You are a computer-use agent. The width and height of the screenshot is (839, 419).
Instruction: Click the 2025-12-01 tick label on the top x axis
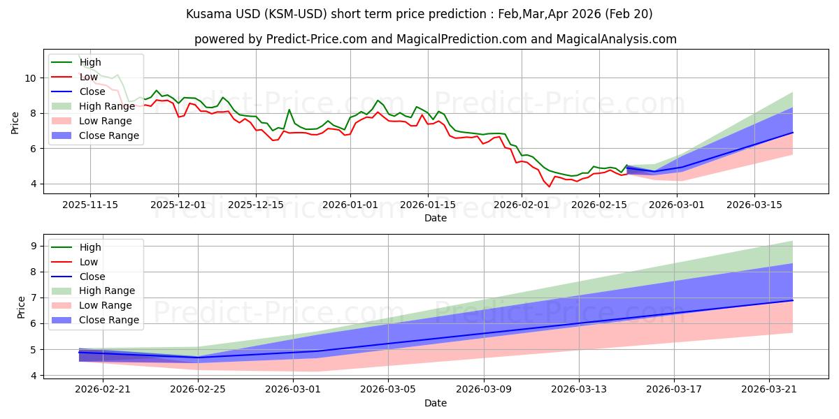tap(178, 205)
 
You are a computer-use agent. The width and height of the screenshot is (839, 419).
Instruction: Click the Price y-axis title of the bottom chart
tap(21, 307)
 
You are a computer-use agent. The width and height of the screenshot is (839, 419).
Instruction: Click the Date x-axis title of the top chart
tap(436, 218)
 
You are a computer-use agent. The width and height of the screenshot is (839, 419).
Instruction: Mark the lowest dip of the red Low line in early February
tap(549, 186)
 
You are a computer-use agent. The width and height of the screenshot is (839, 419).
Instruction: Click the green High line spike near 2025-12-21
tap(289, 110)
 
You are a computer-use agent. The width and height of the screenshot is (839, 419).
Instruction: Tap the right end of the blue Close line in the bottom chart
tap(793, 300)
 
